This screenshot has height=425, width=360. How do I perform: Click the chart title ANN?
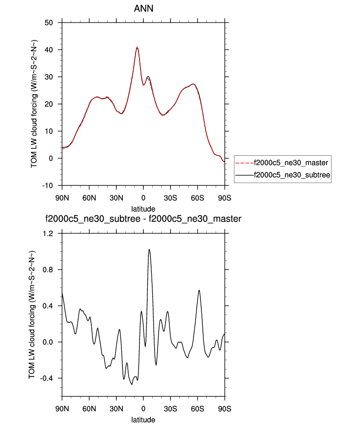pos(143,9)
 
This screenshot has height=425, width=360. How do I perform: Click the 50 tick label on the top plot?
pos(49,23)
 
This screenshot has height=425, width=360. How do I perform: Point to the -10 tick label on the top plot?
pos(47,186)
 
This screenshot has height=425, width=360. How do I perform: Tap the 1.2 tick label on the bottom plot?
pos(48,233)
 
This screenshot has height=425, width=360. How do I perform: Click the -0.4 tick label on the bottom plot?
pos(46,378)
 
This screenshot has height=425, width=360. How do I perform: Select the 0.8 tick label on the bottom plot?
pos(48,270)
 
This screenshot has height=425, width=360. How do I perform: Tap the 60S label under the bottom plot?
pos(197,409)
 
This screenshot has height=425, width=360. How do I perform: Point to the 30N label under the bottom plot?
pos(116,409)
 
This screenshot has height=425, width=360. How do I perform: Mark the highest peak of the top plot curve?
pos(138,47)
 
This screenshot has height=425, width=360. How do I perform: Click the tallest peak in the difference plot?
pos(149,249)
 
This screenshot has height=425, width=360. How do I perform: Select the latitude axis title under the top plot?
pos(143,208)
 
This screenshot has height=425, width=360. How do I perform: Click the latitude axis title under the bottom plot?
pos(143,420)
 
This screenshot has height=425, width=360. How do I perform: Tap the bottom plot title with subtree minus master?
pos(143,219)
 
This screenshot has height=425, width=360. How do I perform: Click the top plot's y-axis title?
pos(34,104)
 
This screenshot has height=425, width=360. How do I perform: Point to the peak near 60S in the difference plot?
pos(199,290)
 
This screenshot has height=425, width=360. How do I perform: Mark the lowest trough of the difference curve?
pos(132,384)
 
